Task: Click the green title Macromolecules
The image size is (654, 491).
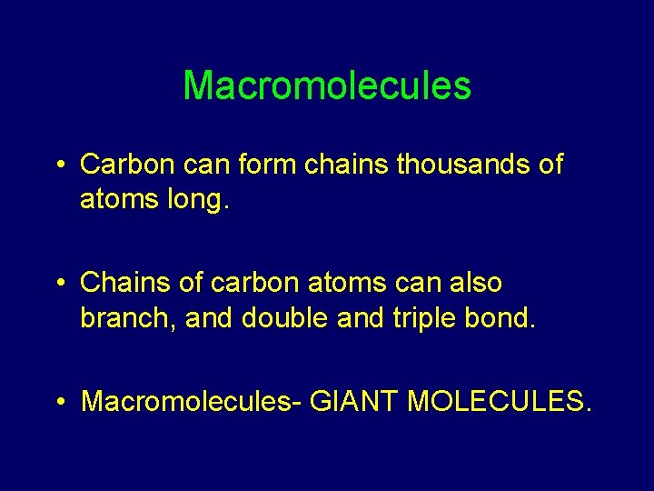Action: coord(327,86)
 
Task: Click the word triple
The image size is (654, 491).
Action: coord(417,317)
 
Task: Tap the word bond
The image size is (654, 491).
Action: coord(503,317)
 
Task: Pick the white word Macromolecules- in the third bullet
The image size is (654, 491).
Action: coord(192,401)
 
